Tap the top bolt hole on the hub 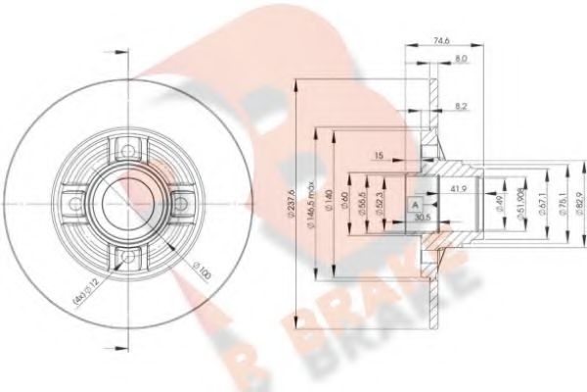point(125,148)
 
